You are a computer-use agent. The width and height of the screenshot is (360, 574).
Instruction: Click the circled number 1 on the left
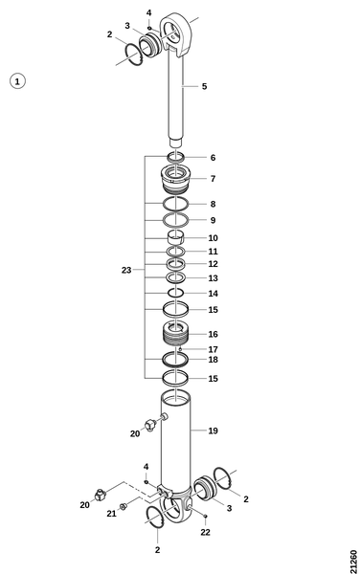click(x=17, y=81)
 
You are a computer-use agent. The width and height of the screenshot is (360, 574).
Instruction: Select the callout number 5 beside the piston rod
click(x=204, y=86)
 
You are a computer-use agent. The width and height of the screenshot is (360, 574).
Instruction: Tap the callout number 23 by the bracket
click(x=126, y=270)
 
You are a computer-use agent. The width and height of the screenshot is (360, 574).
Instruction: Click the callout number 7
click(x=213, y=179)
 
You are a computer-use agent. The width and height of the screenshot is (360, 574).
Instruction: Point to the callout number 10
click(x=214, y=238)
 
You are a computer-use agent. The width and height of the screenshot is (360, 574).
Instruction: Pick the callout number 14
click(x=214, y=294)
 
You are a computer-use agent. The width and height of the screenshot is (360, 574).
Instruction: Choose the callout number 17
click(x=214, y=349)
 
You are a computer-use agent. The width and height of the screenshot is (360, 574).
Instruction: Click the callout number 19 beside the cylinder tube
click(x=214, y=430)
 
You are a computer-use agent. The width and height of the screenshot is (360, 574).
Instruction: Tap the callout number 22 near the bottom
click(x=206, y=532)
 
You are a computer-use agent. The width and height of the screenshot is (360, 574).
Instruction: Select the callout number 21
click(x=111, y=514)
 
